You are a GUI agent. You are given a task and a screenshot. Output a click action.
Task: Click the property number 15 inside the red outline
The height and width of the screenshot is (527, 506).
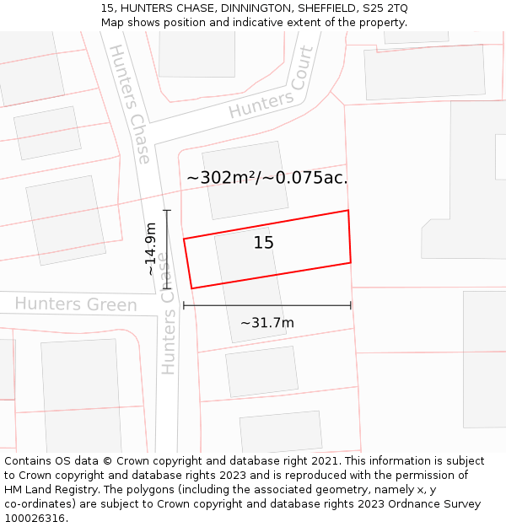[264, 243]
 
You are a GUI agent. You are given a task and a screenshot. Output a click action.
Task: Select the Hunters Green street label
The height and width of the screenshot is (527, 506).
[76, 304]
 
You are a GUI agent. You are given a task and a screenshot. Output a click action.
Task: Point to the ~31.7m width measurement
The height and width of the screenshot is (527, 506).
[267, 323]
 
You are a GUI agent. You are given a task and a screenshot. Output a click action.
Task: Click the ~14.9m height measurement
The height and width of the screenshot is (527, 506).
[151, 249]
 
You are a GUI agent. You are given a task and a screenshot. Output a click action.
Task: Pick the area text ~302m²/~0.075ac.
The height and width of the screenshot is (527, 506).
[267, 178]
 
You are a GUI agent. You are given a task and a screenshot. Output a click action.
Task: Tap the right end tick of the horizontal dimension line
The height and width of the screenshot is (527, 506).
[351, 305]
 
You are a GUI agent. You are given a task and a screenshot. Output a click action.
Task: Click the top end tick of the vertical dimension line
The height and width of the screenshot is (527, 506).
[167, 210]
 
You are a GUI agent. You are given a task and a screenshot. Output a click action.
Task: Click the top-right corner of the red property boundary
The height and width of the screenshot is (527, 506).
[347, 211]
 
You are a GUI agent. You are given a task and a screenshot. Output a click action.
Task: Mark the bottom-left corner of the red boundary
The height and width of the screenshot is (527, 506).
[191, 288]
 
